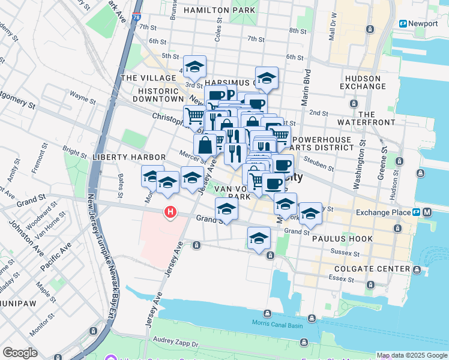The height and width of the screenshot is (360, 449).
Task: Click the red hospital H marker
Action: pos(171,212)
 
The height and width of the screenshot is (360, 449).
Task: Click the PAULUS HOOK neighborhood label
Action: pos(342,239)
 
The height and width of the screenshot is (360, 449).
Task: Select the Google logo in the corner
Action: pos(20,352)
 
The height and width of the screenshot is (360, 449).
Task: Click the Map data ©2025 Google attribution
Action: pos(411,355)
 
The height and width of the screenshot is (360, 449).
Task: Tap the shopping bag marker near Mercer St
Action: pos(205,144)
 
